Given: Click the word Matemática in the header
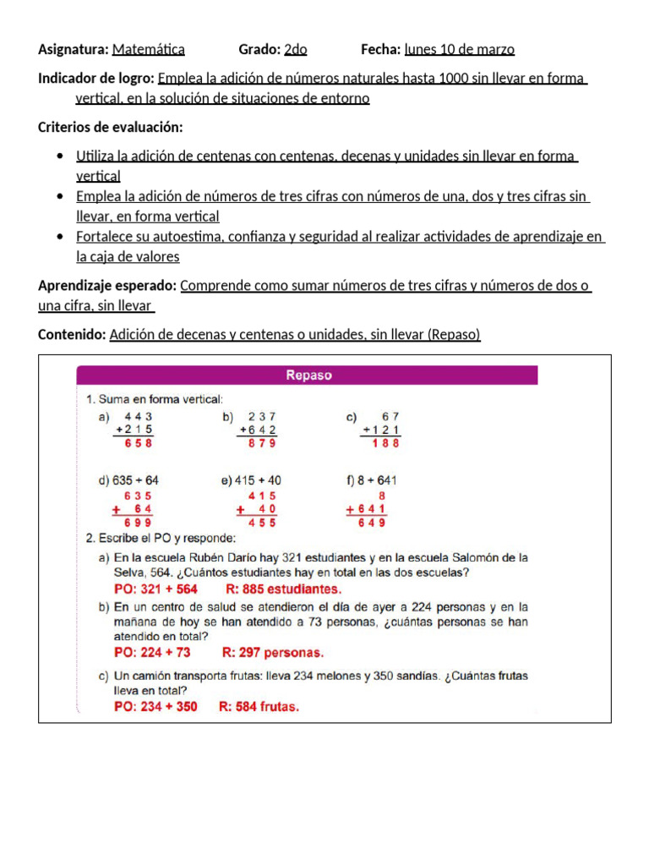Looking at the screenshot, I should [148, 50].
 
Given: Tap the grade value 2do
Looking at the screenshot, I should [296, 50].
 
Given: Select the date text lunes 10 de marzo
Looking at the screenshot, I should [460, 50].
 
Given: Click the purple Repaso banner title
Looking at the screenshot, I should [308, 375].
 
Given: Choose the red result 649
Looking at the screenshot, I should [371, 523].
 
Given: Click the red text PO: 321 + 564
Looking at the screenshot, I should [156, 589].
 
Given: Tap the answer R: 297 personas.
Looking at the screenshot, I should [273, 653].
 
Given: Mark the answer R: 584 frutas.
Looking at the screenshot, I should [259, 707].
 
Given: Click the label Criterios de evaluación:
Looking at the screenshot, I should [111, 128].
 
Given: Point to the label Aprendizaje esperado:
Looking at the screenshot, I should [107, 286].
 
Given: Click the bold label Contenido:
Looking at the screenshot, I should [72, 335].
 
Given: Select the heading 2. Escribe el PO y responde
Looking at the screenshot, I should [161, 538].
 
